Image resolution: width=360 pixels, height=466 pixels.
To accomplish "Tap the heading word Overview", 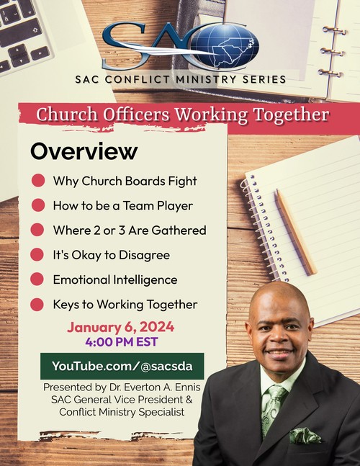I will [x=84, y=152].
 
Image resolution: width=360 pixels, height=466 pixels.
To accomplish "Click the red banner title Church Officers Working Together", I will [x=182, y=115].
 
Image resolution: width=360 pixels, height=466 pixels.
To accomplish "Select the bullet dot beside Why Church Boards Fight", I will [x=37, y=181].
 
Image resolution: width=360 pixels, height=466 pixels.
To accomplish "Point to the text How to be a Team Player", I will [x=122, y=205].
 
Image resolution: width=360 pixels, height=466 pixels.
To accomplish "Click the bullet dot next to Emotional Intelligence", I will [x=37, y=279].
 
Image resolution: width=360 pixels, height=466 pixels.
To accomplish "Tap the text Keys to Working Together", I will [x=125, y=304].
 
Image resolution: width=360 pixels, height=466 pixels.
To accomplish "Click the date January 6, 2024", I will [x=121, y=327].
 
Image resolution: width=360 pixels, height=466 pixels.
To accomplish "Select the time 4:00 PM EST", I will [x=121, y=342].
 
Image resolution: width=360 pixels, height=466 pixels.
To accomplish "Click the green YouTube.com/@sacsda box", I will [x=122, y=366].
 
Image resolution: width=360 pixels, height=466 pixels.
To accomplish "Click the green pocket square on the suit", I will [x=305, y=436].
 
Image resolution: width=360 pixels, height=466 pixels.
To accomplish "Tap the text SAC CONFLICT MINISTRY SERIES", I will [x=181, y=79].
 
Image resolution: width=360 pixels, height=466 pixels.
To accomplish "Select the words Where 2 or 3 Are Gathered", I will [x=130, y=230].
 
